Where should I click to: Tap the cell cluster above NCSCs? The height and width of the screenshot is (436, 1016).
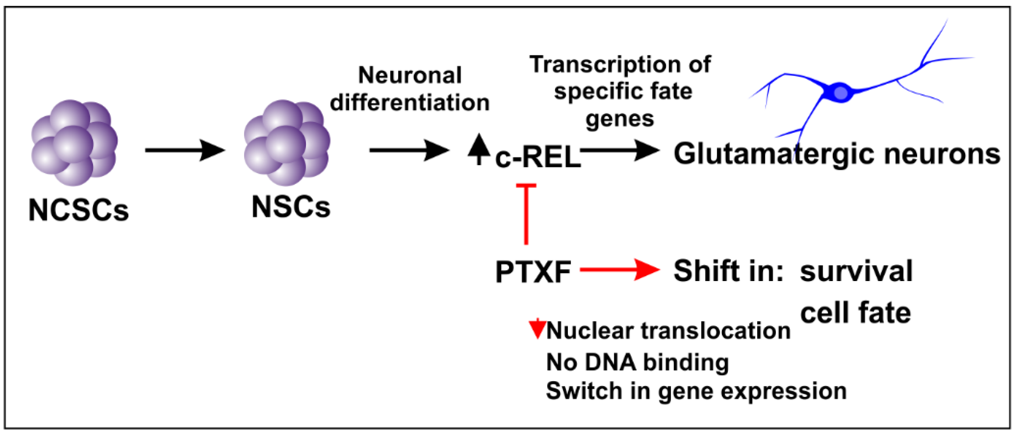(74, 143)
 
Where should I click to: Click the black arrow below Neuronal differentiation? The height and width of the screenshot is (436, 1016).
(409, 150)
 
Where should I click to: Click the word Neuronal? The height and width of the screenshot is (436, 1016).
(410, 75)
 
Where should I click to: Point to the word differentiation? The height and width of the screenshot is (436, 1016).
(410, 103)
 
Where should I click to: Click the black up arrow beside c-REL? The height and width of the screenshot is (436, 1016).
(479, 149)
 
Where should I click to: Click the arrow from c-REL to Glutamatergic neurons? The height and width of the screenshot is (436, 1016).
(620, 150)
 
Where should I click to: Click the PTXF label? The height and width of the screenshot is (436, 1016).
(533, 272)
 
